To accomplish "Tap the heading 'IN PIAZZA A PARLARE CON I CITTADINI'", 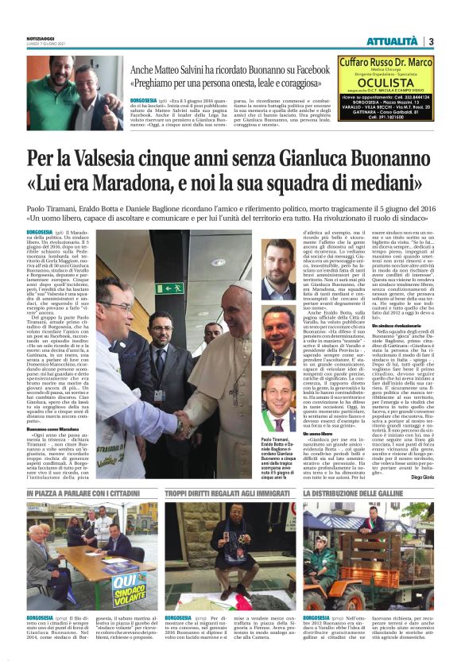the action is [x=83, y=494].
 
